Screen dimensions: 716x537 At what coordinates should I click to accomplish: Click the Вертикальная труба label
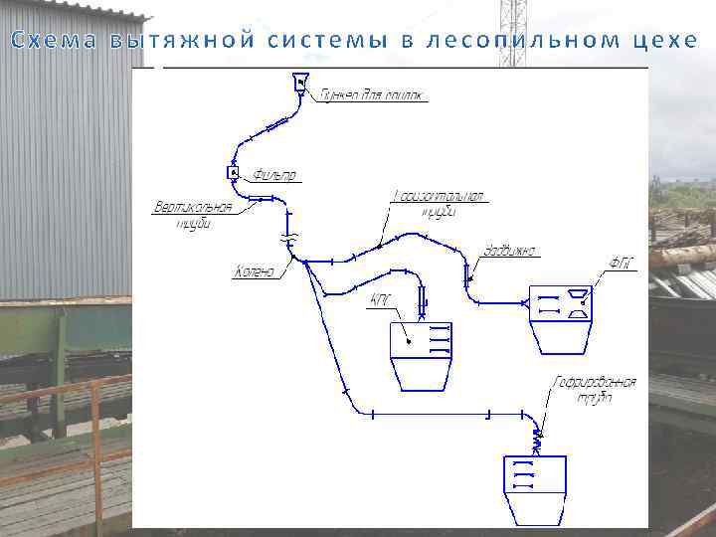193,215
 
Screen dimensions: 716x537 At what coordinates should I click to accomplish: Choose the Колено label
256,270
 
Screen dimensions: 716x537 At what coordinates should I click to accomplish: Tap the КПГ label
381,298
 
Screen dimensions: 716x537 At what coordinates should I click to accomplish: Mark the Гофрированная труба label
596,389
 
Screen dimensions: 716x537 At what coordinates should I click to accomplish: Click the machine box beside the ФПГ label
560,317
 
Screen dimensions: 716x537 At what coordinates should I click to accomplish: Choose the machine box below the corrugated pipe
535,487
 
